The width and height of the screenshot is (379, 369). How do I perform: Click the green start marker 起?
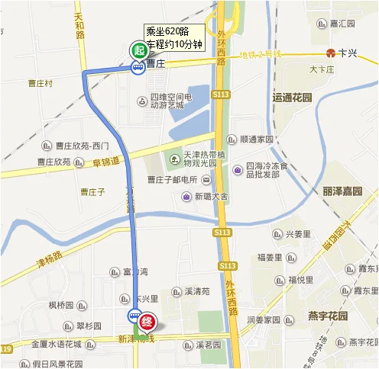pyautogui.click(x=138, y=51)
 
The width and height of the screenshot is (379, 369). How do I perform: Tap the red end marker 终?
pyautogui.click(x=149, y=322)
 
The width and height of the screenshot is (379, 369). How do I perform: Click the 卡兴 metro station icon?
pyautogui.click(x=330, y=53)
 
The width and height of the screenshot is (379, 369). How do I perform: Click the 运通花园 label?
pyautogui.click(x=293, y=98)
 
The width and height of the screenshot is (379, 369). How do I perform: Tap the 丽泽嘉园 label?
pyautogui.click(x=342, y=191)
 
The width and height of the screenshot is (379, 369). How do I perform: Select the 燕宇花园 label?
pyautogui.click(x=328, y=316)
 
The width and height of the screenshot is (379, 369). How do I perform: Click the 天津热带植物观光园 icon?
pyautogui.click(x=174, y=158)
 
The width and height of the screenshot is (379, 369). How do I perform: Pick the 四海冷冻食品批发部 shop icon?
pyautogui.click(x=239, y=169)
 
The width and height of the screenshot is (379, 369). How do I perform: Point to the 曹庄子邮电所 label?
pyautogui.click(x=173, y=180)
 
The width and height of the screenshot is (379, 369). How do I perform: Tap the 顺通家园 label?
pyautogui.click(x=256, y=140)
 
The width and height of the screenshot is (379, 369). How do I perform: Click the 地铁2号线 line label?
pyautogui.click(x=260, y=54)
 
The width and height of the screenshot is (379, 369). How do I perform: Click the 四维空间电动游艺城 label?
pyautogui.click(x=170, y=101)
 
